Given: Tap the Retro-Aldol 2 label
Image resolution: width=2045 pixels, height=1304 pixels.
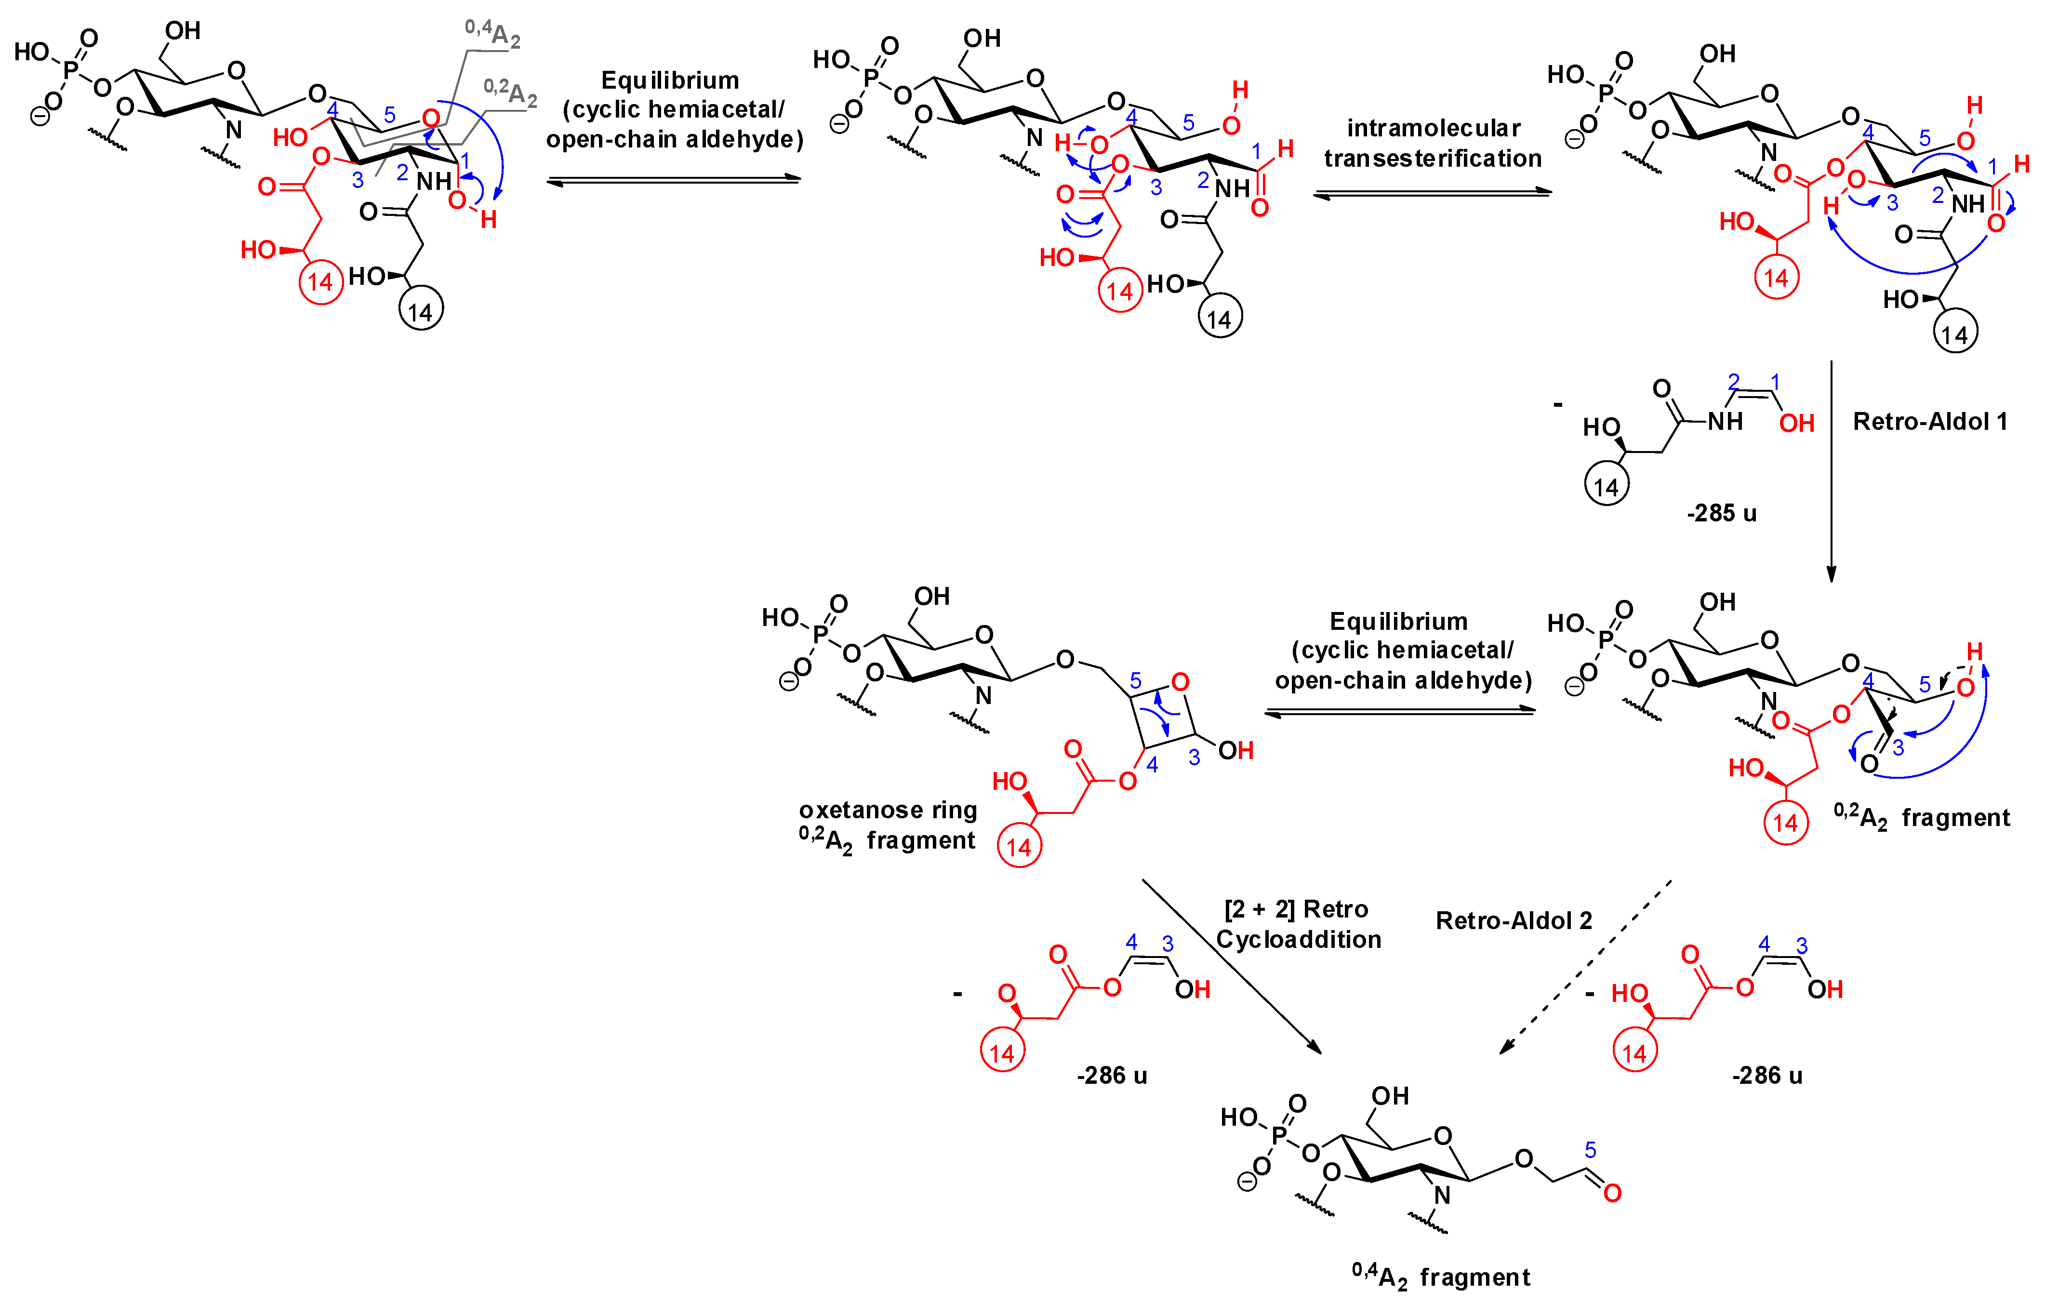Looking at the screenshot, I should coord(1514,921).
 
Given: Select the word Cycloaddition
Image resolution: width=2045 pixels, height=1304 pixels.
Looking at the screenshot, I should coord(1299,940).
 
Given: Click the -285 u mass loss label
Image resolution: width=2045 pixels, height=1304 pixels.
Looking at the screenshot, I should coord(1722,513).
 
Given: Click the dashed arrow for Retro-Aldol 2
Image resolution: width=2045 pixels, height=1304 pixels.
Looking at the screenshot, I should coord(1585,967).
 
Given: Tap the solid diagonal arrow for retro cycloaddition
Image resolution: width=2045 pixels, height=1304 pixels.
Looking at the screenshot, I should coord(1232,967).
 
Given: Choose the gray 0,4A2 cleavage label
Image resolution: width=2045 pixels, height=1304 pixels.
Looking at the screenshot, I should coord(492,34).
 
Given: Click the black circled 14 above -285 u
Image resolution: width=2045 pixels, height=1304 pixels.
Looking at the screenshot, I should coord(1606,487).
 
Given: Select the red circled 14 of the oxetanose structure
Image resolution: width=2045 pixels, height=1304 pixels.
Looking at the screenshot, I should coord(1018,847).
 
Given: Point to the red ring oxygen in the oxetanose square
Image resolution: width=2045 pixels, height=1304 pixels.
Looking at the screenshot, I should coord(1180,682).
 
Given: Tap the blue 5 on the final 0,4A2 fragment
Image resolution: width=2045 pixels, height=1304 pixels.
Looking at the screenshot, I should coord(1590,1150).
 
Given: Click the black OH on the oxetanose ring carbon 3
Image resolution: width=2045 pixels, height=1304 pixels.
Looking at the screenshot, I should coord(1235,750).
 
